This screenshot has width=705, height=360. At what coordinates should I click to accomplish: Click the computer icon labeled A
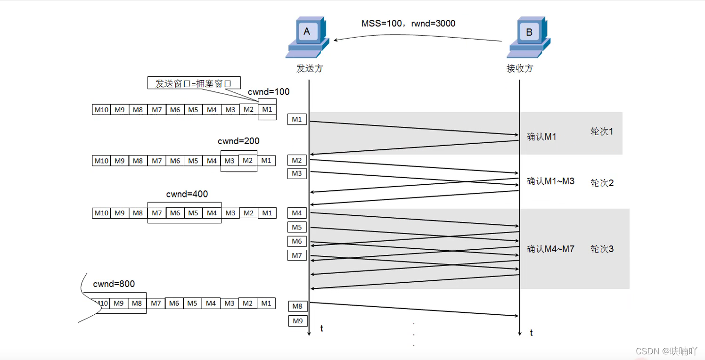(307, 37)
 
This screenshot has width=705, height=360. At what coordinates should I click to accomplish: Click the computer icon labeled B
(529, 37)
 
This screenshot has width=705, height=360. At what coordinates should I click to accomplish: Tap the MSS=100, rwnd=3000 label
(408, 24)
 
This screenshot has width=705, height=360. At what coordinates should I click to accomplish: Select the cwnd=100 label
(269, 92)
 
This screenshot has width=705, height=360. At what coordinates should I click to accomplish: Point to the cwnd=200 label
(238, 141)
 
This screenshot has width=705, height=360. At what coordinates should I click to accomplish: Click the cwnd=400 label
(187, 194)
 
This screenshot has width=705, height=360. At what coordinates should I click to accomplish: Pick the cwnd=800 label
(114, 284)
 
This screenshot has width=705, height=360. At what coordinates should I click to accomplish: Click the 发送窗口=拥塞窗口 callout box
(194, 83)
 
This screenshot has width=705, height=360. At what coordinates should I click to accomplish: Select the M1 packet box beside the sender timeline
(297, 119)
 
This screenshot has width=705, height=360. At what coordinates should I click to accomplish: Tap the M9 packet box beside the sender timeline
(298, 321)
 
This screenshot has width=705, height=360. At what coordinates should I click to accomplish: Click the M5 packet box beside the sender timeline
(297, 227)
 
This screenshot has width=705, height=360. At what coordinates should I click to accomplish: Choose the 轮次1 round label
(602, 131)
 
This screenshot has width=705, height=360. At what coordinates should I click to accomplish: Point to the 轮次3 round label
(602, 249)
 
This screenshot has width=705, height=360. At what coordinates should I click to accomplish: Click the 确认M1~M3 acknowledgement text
(550, 181)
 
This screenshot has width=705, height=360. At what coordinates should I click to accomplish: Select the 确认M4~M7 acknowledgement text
(550, 249)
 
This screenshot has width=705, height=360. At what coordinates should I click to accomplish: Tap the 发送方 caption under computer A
(310, 68)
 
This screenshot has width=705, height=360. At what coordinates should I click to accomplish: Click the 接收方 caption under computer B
(520, 68)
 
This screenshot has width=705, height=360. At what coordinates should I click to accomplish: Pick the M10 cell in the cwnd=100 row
(101, 109)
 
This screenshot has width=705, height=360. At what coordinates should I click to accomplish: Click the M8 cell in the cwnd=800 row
(137, 303)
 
